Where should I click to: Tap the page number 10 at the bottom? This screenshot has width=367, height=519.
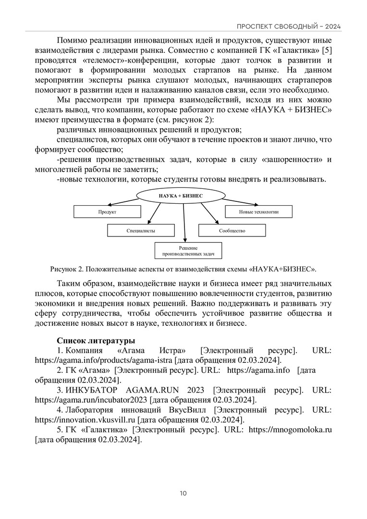pos(183,493)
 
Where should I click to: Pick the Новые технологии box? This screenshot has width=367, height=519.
pos(258,211)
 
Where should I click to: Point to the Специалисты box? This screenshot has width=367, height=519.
pos(140,231)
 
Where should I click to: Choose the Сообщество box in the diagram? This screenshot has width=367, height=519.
pos(232,231)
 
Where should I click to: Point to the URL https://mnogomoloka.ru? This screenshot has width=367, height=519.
pos(291,430)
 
